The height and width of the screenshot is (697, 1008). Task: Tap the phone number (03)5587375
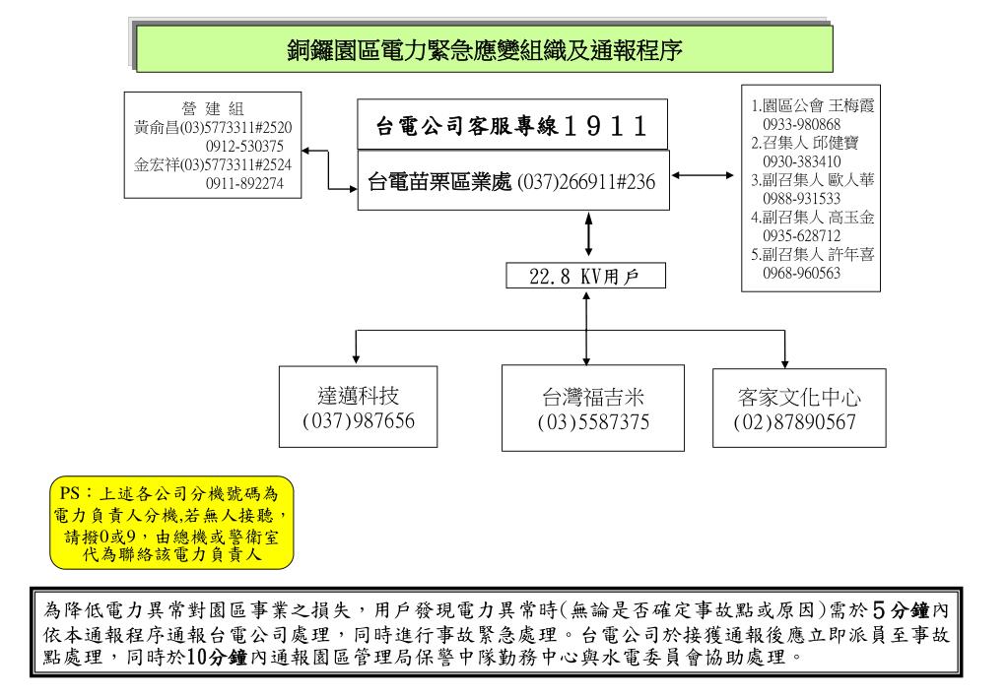tap(592, 422)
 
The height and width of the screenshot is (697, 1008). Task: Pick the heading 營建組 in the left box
tap(213, 107)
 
